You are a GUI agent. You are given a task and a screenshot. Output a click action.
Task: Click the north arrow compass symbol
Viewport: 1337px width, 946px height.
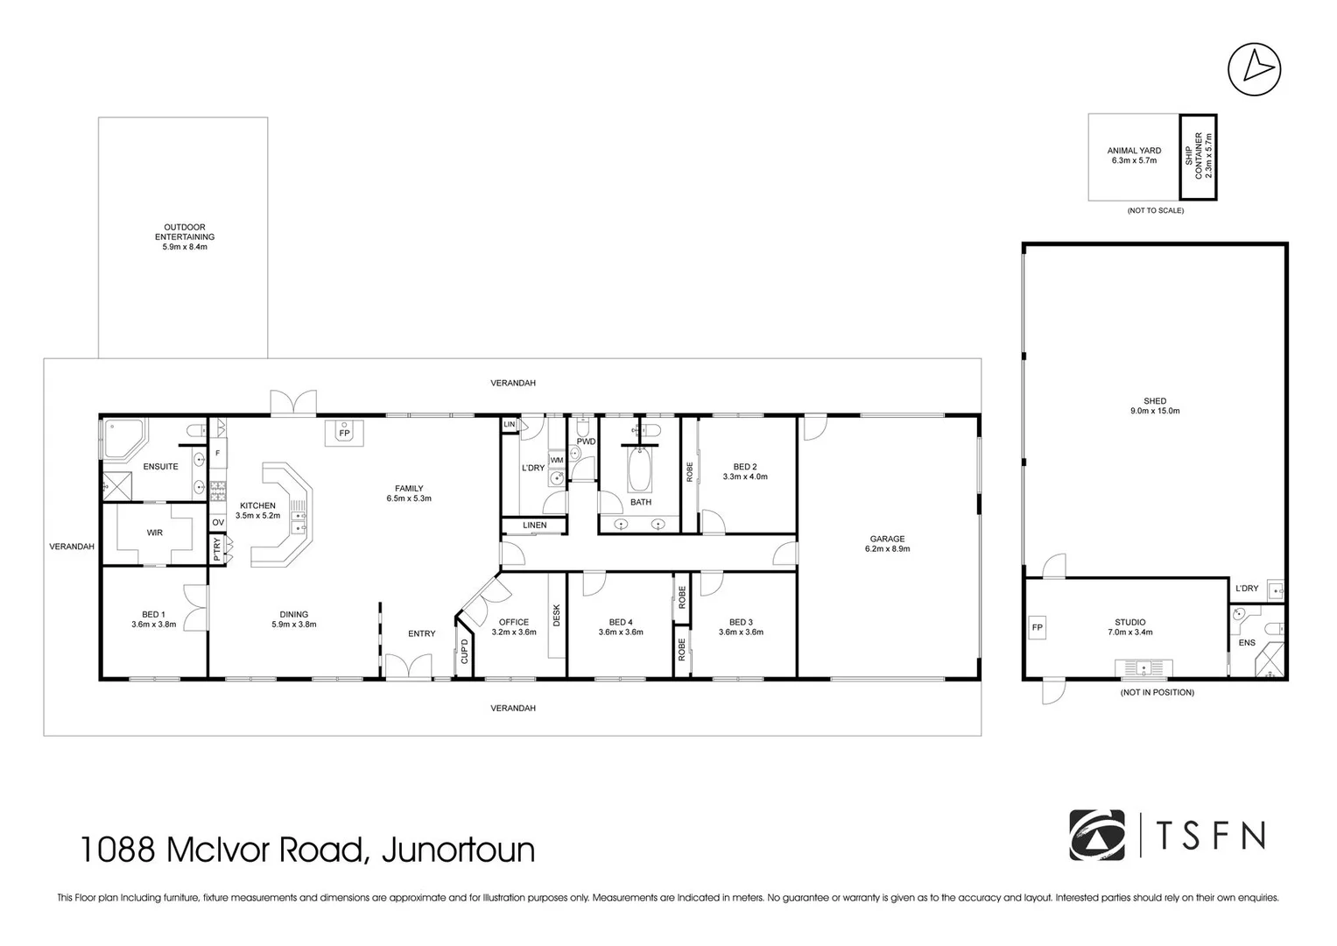point(1254,68)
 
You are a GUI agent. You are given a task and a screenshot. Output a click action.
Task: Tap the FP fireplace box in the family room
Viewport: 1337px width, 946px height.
point(344,434)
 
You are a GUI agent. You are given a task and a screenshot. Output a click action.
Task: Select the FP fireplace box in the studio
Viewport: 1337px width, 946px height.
point(1038,628)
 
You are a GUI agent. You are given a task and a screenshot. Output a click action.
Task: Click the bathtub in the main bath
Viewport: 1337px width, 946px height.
point(640,469)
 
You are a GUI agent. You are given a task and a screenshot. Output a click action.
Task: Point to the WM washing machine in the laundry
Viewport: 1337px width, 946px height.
point(557,460)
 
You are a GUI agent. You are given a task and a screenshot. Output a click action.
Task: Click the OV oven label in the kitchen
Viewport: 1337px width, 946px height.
point(218,522)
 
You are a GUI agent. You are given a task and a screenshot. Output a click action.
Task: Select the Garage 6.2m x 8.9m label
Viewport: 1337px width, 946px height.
point(887,544)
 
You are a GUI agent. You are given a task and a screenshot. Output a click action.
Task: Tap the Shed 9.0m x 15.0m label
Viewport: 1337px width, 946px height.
point(1154,406)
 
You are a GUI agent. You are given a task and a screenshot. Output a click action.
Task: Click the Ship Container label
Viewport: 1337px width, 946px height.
point(1198,157)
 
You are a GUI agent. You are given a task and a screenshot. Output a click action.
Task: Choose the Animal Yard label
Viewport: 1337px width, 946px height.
point(1133,155)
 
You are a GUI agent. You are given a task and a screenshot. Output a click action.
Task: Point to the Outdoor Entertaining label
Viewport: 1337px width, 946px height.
point(185,236)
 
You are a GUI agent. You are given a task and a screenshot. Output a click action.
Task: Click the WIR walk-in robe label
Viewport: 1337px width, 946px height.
point(154,533)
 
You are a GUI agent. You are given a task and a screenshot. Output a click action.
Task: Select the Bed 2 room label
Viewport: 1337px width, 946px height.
point(744,471)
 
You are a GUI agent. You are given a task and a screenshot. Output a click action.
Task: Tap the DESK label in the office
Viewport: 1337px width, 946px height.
point(557,616)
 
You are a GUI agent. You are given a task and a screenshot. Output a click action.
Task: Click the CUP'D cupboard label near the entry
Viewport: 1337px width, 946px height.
point(465,652)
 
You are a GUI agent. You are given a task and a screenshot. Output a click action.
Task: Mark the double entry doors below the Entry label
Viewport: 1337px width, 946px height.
point(408,667)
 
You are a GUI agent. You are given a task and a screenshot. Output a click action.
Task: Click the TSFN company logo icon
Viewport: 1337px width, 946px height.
point(1096,835)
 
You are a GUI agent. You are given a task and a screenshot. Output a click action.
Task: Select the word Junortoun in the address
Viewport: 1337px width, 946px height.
point(458,850)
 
